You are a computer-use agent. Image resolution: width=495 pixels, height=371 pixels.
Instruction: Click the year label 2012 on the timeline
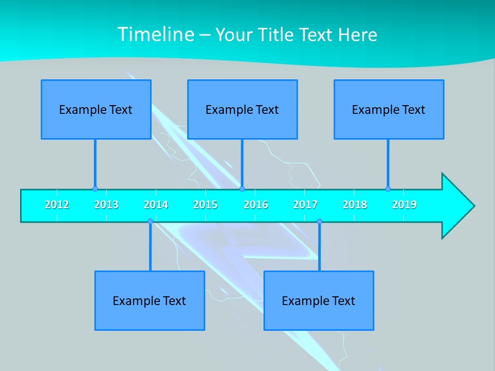coord(57,205)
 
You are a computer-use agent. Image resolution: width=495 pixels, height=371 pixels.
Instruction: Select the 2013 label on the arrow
coord(106,205)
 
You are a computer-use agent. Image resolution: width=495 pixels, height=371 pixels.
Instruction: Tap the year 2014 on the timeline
coord(156,205)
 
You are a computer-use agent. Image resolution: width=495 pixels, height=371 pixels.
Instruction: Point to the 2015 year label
coord(205,205)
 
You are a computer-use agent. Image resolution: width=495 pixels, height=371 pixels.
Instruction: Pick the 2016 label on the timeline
coord(256,205)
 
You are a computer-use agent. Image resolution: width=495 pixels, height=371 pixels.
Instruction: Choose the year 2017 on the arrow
coord(305,205)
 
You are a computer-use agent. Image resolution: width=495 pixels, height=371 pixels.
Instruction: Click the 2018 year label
coord(355,205)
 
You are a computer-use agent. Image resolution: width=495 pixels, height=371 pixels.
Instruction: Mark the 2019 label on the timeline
coord(404,205)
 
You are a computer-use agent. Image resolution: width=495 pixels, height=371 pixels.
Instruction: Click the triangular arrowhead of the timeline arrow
coord(456,206)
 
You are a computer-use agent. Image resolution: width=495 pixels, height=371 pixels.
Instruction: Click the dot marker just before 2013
coord(95,189)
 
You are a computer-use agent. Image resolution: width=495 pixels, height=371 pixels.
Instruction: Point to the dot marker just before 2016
coord(242,189)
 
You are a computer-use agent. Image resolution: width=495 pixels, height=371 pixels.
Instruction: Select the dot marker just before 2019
coord(388,189)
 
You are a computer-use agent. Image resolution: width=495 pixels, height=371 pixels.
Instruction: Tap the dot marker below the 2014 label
coord(150,222)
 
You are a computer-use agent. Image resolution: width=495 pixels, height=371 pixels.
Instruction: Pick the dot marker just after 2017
coord(319,222)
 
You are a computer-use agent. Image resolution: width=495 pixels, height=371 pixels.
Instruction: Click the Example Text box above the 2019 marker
coord(389,109)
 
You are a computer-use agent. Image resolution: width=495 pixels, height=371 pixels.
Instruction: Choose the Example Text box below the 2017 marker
coord(319,300)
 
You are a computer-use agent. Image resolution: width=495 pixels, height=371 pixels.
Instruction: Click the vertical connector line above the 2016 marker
coord(242,163)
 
